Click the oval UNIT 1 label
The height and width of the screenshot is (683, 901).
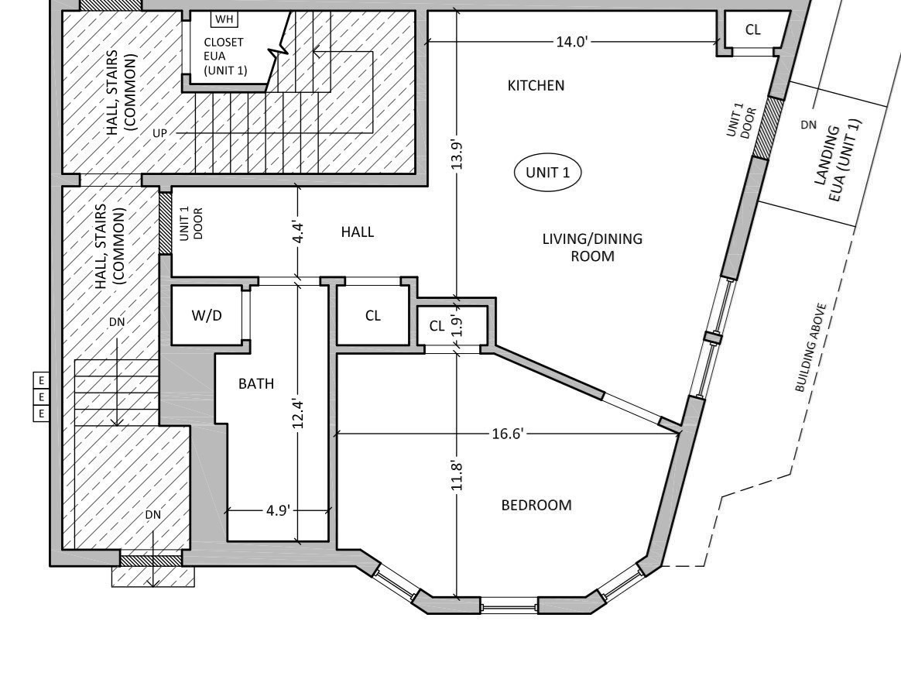[x=547, y=172]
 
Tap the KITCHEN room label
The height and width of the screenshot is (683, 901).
[x=536, y=85]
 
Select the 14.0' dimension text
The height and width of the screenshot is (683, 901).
[x=572, y=41]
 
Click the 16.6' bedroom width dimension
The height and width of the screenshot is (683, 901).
[x=508, y=434]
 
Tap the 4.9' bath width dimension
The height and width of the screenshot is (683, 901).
[x=277, y=510]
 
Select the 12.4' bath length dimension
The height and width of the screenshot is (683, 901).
[x=299, y=413]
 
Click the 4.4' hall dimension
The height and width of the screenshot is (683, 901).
[x=299, y=232]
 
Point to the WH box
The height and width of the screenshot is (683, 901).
[x=224, y=19]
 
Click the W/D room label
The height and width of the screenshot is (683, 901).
[x=206, y=315]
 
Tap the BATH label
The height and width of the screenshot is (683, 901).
[x=255, y=383]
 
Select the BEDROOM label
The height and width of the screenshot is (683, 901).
[x=536, y=505]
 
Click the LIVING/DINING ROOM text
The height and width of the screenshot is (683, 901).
[x=592, y=247]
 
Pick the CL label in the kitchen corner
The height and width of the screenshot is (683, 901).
[x=752, y=29]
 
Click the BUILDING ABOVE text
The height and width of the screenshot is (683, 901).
[x=811, y=348]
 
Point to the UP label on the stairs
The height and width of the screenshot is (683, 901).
[x=159, y=133]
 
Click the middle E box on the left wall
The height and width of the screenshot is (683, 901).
[x=41, y=396]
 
